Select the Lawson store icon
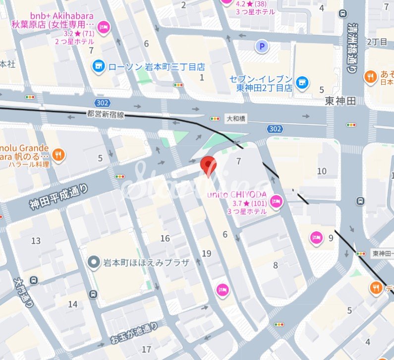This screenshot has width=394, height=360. (99, 66)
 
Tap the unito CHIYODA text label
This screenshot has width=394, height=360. (237, 194)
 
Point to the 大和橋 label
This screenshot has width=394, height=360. (236, 119)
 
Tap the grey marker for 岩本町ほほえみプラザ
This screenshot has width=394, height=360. (93, 263)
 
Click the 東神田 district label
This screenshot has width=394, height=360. (340, 101)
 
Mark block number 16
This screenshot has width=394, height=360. (165, 239)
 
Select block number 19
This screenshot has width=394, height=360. (207, 254)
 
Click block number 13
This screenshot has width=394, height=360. (36, 241)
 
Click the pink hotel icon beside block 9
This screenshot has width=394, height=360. (317, 238)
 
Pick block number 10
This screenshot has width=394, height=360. (322, 171)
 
